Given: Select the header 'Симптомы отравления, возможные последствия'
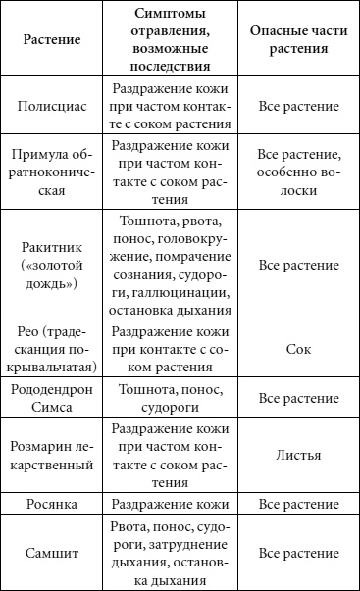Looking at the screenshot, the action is [x=173, y=44].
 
